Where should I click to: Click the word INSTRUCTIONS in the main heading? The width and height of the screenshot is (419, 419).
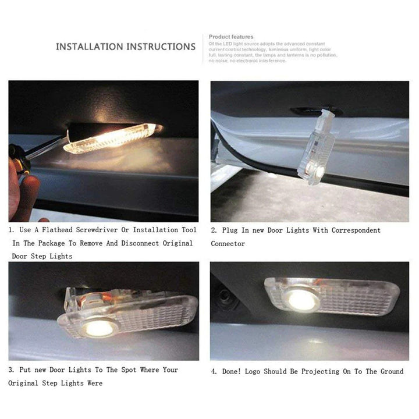pos(161,47)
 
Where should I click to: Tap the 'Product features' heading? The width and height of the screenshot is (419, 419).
pos(231,37)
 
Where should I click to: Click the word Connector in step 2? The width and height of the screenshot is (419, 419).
pos(228,244)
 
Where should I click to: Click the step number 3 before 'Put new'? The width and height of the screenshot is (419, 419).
pos(10,370)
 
